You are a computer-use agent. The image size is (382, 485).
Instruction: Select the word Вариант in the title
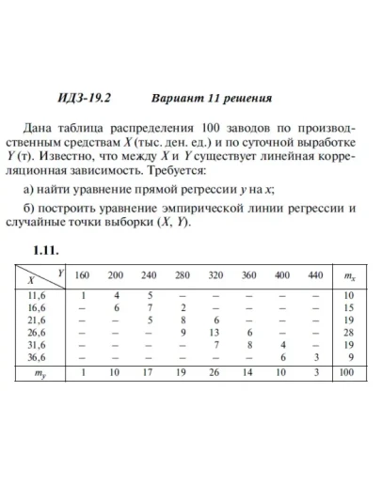pyautogui.click(x=176, y=98)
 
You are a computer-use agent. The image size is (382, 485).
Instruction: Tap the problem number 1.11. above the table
pyautogui.click(x=46, y=251)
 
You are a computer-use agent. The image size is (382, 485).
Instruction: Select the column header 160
pyautogui.click(x=82, y=274)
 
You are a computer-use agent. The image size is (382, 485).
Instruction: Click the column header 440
pyautogui.click(x=315, y=274)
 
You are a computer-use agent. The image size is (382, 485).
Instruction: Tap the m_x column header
pyautogui.click(x=349, y=275)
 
